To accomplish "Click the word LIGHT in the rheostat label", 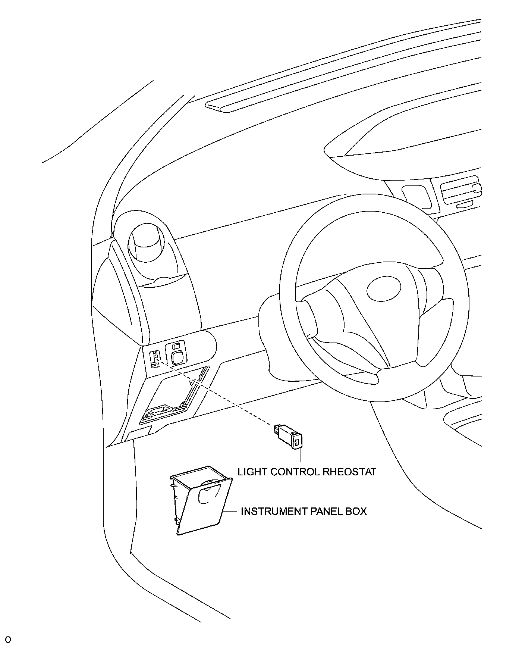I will coord(252,472).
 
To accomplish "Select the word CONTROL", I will coord(294,472).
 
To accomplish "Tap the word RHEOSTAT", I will coord(349,472).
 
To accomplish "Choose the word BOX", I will coord(356,511).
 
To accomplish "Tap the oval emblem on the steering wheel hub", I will coord(384,289).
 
